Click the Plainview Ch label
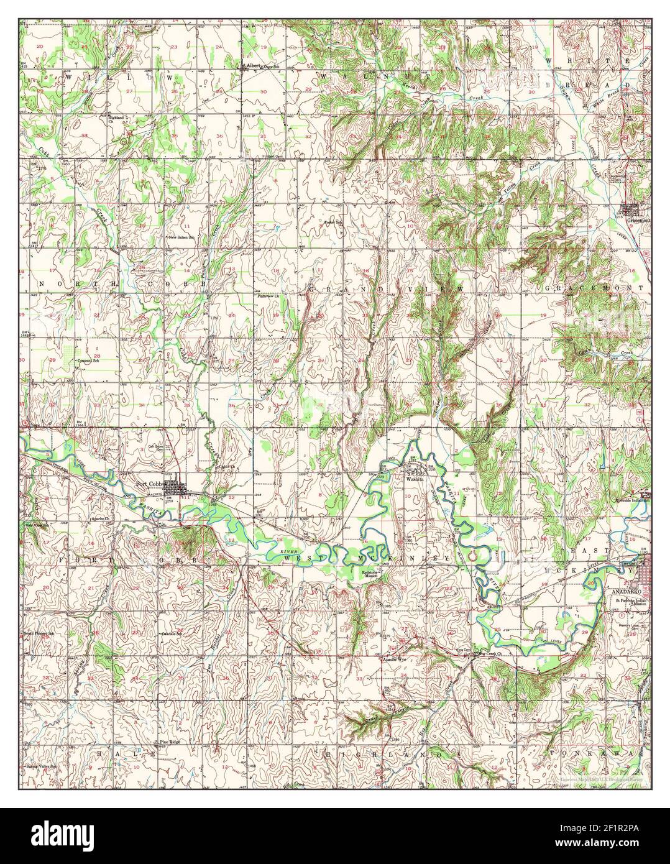click(x=270, y=296)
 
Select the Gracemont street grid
click(x=636, y=209)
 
